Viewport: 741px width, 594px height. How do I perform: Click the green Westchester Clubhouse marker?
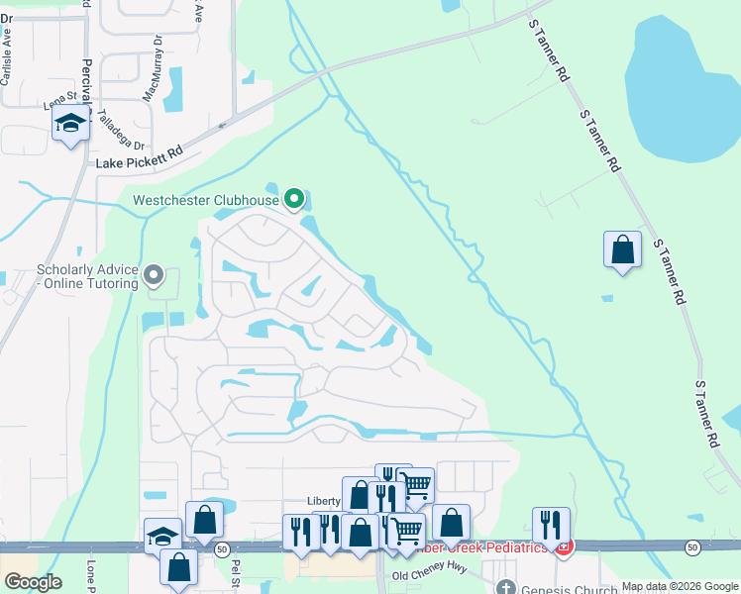(294, 200)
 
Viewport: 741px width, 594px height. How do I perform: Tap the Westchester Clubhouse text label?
(206, 200)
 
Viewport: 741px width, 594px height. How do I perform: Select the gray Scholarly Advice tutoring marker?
(153, 273)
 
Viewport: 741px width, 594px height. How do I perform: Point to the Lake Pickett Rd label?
(140, 156)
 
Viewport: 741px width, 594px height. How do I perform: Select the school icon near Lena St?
(70, 125)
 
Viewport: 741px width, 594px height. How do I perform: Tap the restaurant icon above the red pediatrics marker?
(551, 525)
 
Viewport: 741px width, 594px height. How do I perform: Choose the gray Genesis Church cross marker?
(506, 587)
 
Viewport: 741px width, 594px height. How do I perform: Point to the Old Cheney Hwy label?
(428, 575)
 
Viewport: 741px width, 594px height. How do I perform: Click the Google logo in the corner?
(32, 581)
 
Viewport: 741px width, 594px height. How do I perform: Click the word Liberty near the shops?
(324, 501)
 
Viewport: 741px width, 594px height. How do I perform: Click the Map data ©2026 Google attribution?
(679, 586)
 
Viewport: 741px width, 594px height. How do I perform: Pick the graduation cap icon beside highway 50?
(162, 537)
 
